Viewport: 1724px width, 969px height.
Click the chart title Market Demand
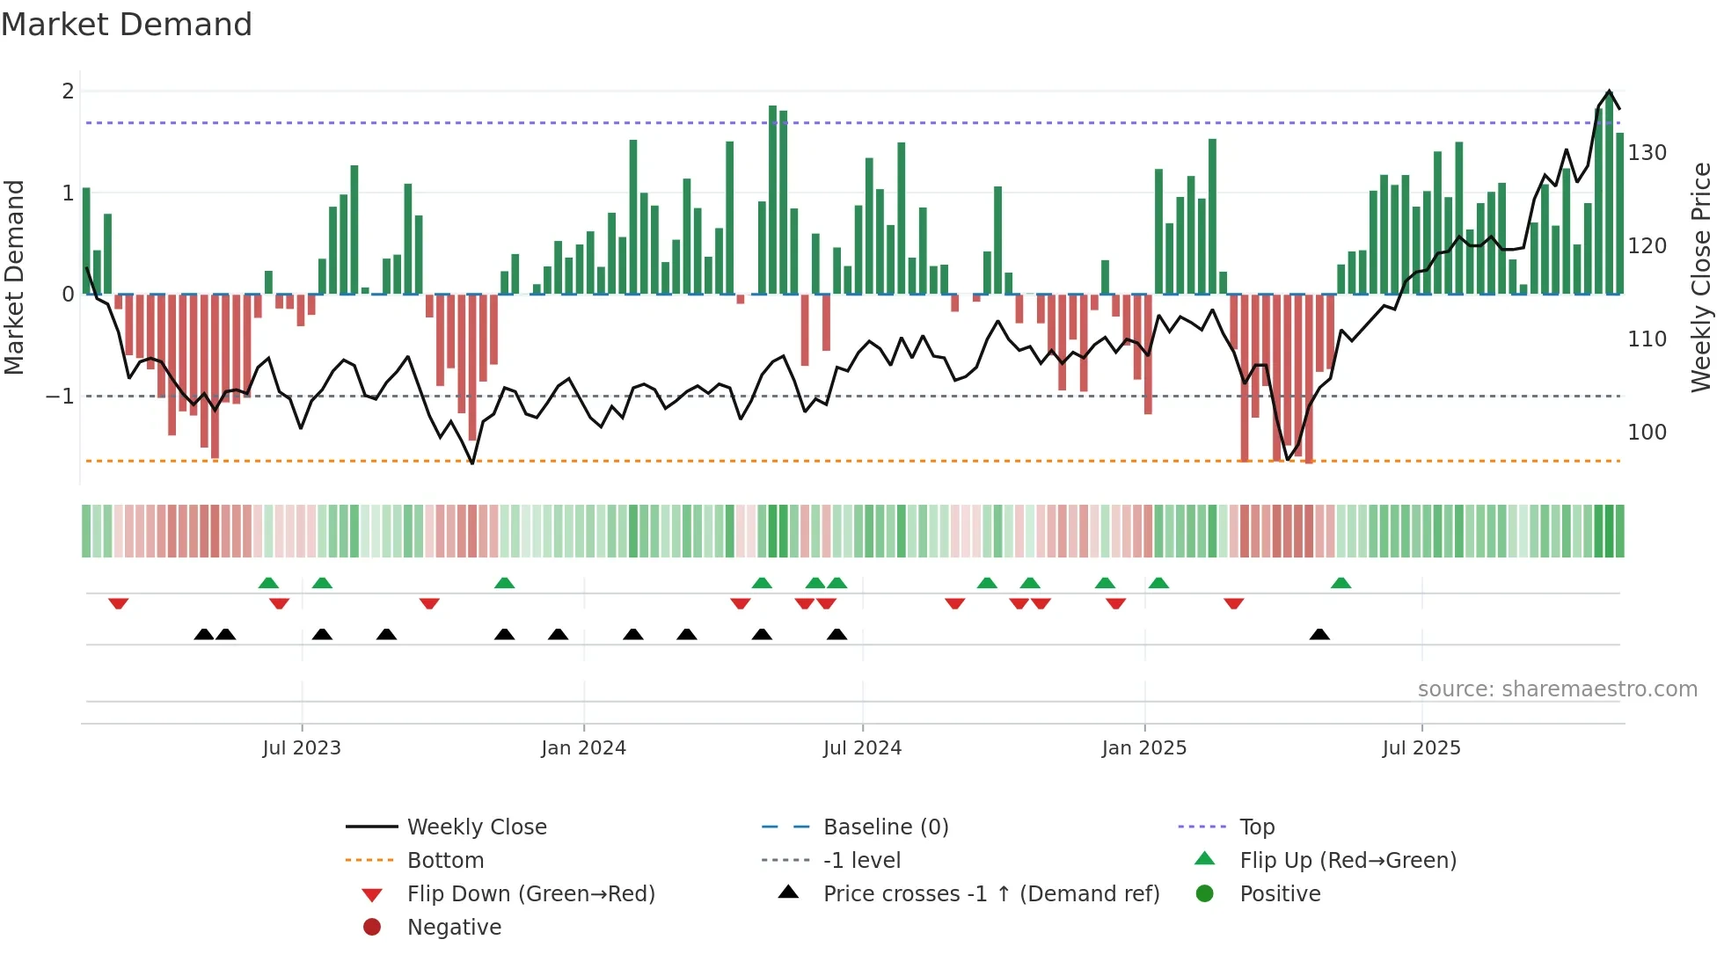127,25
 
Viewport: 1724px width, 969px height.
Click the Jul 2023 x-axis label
302,748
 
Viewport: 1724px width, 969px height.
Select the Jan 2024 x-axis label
583,748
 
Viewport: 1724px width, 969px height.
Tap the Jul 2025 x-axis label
1421,748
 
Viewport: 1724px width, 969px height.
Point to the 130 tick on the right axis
1647,153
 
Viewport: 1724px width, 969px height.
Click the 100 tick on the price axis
1647,433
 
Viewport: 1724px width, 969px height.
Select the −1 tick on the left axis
61,397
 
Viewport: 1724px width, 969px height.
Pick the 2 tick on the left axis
68,91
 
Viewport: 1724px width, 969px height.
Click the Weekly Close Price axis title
1701,277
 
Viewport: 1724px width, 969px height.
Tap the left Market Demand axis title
15,277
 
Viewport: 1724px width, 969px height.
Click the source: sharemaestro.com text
1557,689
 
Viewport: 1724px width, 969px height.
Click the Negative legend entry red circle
372,928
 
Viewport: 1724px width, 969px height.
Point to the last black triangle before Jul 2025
1319,634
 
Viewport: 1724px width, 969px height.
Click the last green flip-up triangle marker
1340,583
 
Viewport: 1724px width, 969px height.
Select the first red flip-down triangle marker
119,603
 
